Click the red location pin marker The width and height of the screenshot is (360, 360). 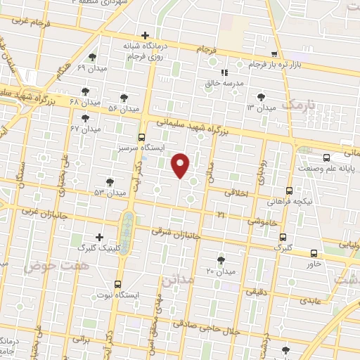pos(181,165)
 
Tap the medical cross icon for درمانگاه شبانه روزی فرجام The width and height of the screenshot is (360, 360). pos(146,35)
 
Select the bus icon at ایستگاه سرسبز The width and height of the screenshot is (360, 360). pos(142,137)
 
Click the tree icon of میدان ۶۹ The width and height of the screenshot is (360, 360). pos(92,57)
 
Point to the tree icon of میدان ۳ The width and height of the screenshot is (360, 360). pos(262,97)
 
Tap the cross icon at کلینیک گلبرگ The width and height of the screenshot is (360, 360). pos(100,237)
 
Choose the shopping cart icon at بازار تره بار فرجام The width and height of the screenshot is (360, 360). pos(274,54)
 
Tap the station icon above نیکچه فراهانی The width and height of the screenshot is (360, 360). pos(289,190)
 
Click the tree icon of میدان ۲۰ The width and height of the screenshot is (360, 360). pos(221,260)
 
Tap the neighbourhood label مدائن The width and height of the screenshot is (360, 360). pos(177,280)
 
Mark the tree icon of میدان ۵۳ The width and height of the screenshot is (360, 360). pos(109,181)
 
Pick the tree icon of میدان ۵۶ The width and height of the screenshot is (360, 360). pos(124,98)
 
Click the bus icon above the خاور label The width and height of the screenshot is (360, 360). pos(314,253)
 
